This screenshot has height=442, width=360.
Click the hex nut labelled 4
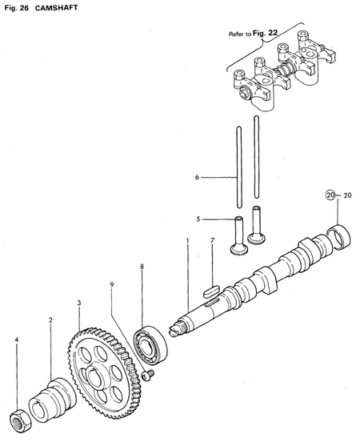[x=19, y=419]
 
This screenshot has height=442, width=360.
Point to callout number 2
[x=50, y=320]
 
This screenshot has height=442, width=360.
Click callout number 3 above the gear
[x=78, y=303]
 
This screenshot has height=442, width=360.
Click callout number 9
[x=112, y=284]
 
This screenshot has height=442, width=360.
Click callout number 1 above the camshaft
[x=188, y=241]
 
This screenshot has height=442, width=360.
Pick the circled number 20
[x=330, y=195]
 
